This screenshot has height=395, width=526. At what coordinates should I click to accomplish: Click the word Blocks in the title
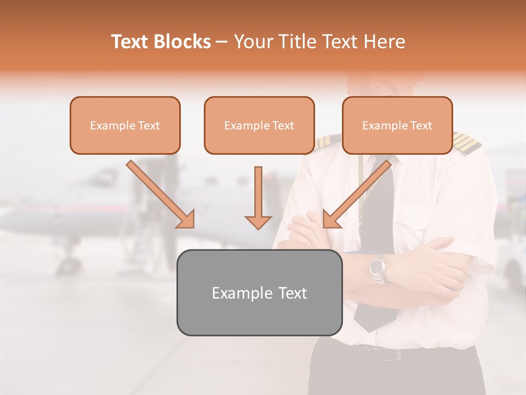[182, 42]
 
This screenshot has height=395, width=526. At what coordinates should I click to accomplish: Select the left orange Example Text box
[125, 126]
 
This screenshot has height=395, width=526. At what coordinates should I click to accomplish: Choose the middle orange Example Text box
[259, 126]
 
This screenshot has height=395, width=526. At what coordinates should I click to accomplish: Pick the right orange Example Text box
[397, 126]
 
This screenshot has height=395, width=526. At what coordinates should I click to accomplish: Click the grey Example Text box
[259, 293]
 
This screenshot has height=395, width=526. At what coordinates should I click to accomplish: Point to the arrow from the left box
[160, 194]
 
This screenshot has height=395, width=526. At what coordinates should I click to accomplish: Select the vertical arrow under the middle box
[258, 198]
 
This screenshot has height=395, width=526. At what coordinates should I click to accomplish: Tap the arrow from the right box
[357, 194]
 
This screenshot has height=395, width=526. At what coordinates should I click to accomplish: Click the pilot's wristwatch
[378, 268]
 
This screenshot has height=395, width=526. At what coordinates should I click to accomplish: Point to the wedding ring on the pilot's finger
[312, 239]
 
